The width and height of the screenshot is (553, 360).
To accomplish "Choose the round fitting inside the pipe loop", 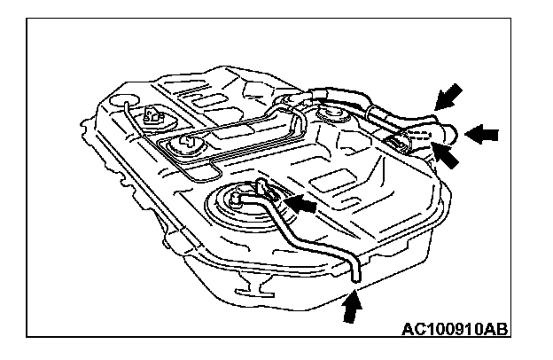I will point(189,143).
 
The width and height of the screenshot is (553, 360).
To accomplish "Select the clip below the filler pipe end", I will point(396,143).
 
